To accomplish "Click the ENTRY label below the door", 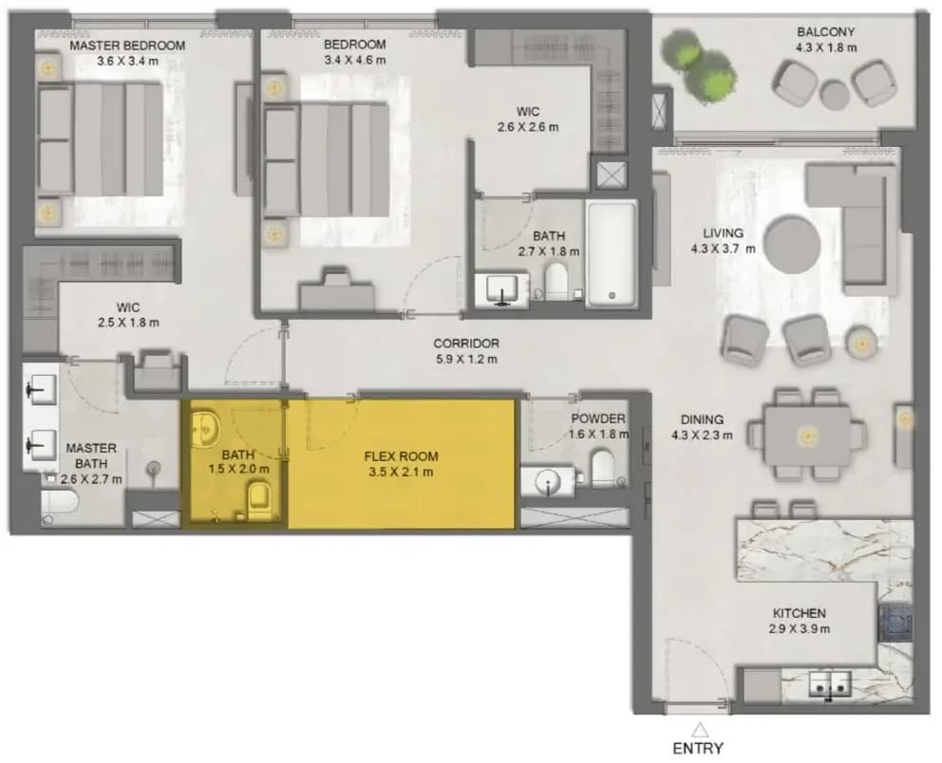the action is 698,748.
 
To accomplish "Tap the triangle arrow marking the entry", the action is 700,730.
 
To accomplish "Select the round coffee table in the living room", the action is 792,244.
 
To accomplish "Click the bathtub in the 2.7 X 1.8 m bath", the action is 612,253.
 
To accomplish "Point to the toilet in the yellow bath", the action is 260,501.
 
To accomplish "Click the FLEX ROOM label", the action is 401,456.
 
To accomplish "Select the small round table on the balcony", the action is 835,95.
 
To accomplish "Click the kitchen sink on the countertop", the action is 830,684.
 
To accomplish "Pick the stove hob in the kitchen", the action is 895,623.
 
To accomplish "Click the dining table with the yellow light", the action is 807,436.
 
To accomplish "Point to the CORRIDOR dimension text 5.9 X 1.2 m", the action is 466,360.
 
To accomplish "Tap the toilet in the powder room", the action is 604,468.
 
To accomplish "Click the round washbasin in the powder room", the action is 547,481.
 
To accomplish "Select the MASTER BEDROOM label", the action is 127,46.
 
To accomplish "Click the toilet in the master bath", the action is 59,502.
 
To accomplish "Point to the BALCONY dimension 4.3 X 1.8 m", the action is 826,47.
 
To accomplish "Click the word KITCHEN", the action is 799,613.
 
